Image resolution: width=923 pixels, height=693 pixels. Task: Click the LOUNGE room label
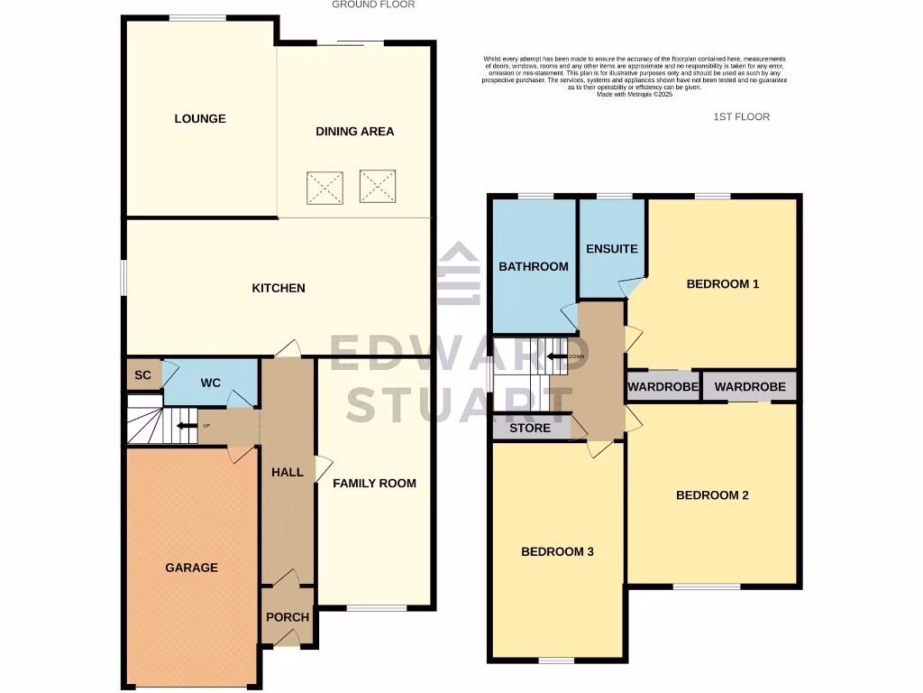click(x=200, y=119)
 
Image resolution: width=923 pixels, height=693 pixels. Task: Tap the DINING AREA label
click(x=354, y=132)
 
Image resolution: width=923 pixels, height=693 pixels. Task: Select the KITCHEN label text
click(x=278, y=289)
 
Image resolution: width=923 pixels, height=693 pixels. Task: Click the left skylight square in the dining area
click(x=324, y=187)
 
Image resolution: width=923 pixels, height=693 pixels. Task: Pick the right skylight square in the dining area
click(x=378, y=186)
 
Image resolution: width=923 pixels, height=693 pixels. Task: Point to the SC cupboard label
click(x=142, y=375)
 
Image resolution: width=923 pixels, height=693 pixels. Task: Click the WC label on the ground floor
click(x=210, y=383)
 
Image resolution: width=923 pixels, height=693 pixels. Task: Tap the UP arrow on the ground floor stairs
click(x=187, y=426)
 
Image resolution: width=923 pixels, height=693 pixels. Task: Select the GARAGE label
click(x=191, y=568)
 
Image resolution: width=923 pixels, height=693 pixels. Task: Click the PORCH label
click(x=288, y=618)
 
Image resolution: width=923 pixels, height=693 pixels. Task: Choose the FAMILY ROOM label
click(x=374, y=484)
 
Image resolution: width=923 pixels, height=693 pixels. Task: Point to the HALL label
click(x=288, y=472)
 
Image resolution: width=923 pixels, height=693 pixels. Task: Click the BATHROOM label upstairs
click(x=534, y=266)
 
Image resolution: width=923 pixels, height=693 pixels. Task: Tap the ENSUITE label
click(x=611, y=249)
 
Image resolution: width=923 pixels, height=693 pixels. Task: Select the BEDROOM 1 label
click(x=723, y=284)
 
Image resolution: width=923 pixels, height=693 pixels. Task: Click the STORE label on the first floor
click(x=530, y=429)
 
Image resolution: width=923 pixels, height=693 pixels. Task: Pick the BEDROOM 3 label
click(x=557, y=551)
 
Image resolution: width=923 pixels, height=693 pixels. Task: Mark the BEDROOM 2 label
click(x=712, y=495)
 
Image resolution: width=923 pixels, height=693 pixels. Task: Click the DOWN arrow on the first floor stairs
click(x=559, y=356)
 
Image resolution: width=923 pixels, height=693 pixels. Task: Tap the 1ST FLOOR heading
click(x=741, y=117)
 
